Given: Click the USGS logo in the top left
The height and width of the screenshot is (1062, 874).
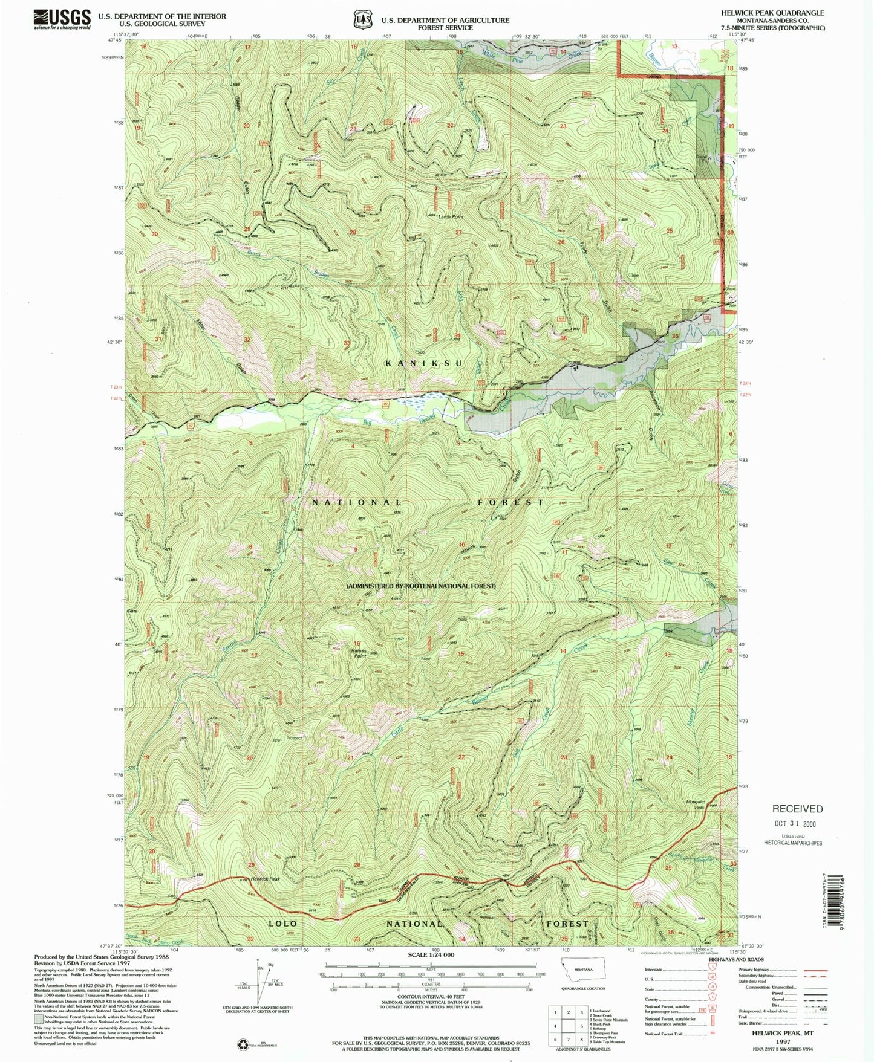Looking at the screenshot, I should (x=62, y=19).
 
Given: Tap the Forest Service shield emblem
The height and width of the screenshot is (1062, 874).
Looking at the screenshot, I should (x=362, y=19).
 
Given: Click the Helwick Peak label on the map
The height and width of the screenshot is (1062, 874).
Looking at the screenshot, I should (x=266, y=879).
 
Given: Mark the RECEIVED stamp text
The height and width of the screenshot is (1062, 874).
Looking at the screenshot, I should (x=797, y=809).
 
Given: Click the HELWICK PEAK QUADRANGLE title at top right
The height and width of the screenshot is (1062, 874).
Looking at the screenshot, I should (x=772, y=13).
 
